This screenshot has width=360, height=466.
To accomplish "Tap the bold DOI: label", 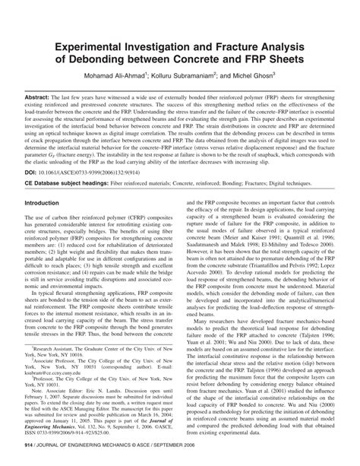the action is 33,173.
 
